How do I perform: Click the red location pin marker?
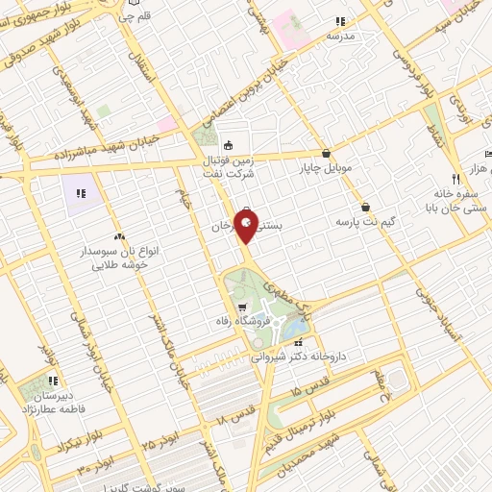(x=246, y=228)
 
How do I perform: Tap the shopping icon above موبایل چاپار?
(x=327, y=152)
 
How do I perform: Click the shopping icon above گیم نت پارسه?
(x=365, y=207)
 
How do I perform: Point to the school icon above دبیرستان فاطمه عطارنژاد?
(x=55, y=381)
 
